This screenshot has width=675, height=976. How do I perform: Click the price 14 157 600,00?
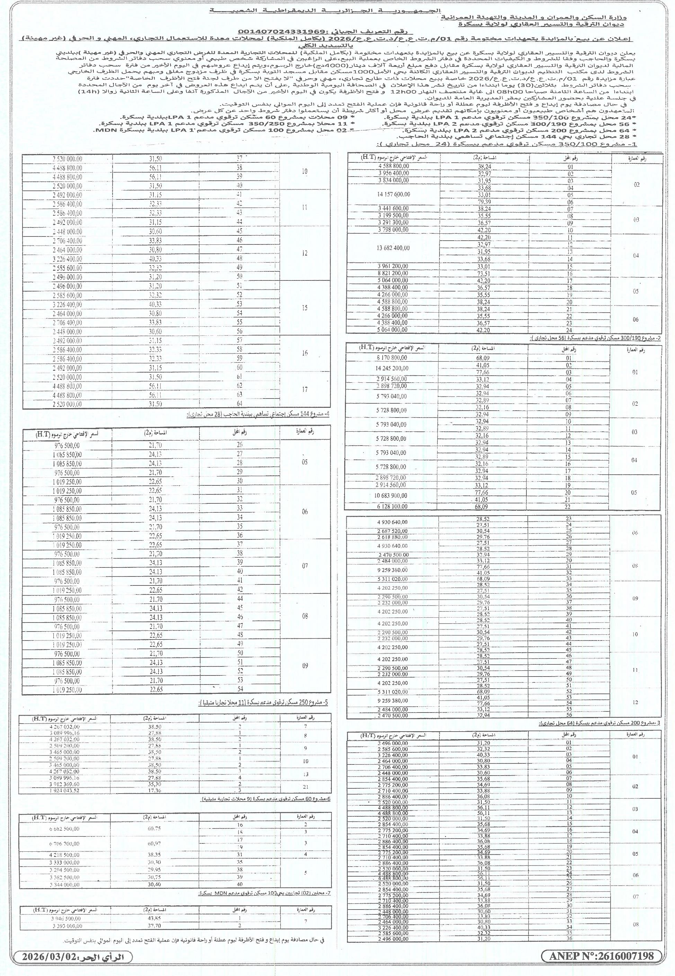(393, 195)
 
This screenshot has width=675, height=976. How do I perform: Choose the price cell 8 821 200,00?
(393, 274)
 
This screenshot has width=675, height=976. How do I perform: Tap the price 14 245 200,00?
(392, 368)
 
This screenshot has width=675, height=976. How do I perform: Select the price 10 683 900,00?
(392, 495)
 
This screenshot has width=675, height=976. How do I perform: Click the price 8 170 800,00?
(392, 358)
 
